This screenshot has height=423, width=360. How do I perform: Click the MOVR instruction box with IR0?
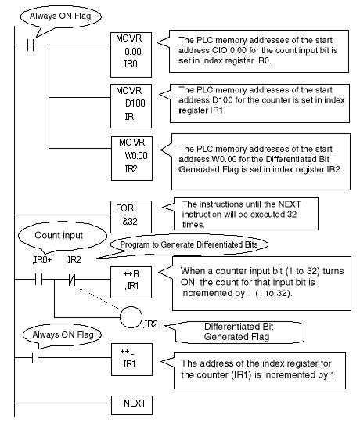pos(131,55)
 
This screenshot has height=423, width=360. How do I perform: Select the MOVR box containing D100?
pos(131,106)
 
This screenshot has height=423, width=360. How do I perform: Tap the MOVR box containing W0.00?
pos(131,158)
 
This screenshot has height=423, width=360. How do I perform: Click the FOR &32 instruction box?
pos(131,217)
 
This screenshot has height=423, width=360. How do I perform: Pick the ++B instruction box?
pos(131,282)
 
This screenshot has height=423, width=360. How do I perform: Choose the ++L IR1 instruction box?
pos(131,360)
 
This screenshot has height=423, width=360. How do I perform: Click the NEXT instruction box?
pos(131,405)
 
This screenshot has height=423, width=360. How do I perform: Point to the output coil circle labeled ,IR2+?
pos(131,317)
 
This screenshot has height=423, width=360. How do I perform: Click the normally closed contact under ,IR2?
pos(72,280)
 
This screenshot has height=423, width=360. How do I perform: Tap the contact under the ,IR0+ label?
pos(38,279)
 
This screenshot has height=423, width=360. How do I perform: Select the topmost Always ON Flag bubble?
pos(61,18)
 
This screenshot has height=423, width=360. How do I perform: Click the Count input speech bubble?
pos(63,237)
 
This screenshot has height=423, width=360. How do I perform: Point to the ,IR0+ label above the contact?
pos(42,260)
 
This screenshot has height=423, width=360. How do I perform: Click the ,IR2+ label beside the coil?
pos(153,324)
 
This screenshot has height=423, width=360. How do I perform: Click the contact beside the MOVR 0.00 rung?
pos(31,45)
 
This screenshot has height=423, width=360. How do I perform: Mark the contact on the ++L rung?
pos(35,358)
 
